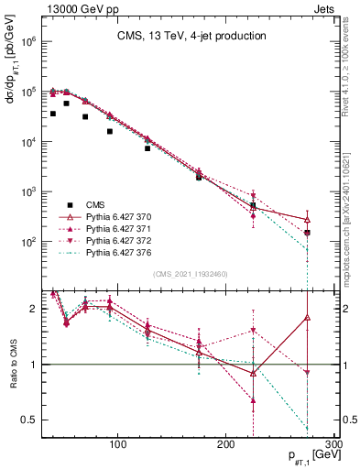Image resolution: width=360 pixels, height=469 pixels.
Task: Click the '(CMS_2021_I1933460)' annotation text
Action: (x=191, y=274)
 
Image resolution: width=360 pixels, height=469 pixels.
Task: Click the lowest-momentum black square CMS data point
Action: (x=53, y=114)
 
